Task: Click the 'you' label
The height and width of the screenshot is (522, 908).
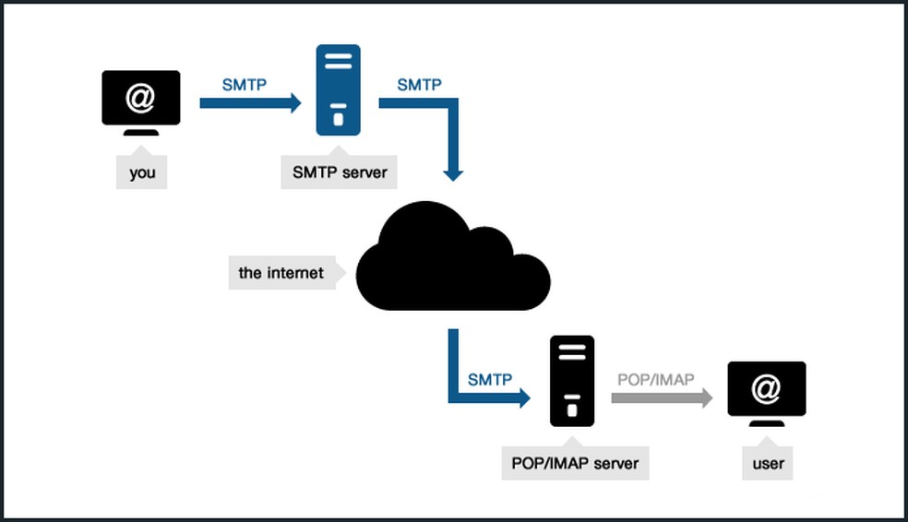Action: click(142, 172)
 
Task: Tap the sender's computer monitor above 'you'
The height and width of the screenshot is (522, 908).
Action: click(140, 101)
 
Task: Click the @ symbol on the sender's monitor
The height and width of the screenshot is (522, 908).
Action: click(140, 98)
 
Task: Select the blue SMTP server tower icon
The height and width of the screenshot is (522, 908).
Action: click(339, 90)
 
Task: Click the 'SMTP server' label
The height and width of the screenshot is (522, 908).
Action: click(340, 172)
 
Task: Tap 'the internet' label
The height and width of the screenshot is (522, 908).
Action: click(281, 273)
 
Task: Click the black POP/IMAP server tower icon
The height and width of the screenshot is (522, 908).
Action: click(572, 381)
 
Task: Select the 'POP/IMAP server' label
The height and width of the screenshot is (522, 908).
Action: click(575, 462)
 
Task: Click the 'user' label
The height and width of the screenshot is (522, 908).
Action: click(768, 463)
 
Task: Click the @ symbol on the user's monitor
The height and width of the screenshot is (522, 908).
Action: click(766, 389)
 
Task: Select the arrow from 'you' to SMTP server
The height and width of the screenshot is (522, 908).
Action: click(250, 103)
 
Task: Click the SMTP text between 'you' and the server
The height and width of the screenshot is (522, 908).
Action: click(244, 85)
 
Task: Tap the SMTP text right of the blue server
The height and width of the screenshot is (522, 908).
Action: click(419, 85)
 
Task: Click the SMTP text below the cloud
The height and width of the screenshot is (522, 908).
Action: click(490, 379)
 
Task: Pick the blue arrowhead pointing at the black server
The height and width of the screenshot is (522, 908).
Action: click(523, 397)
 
